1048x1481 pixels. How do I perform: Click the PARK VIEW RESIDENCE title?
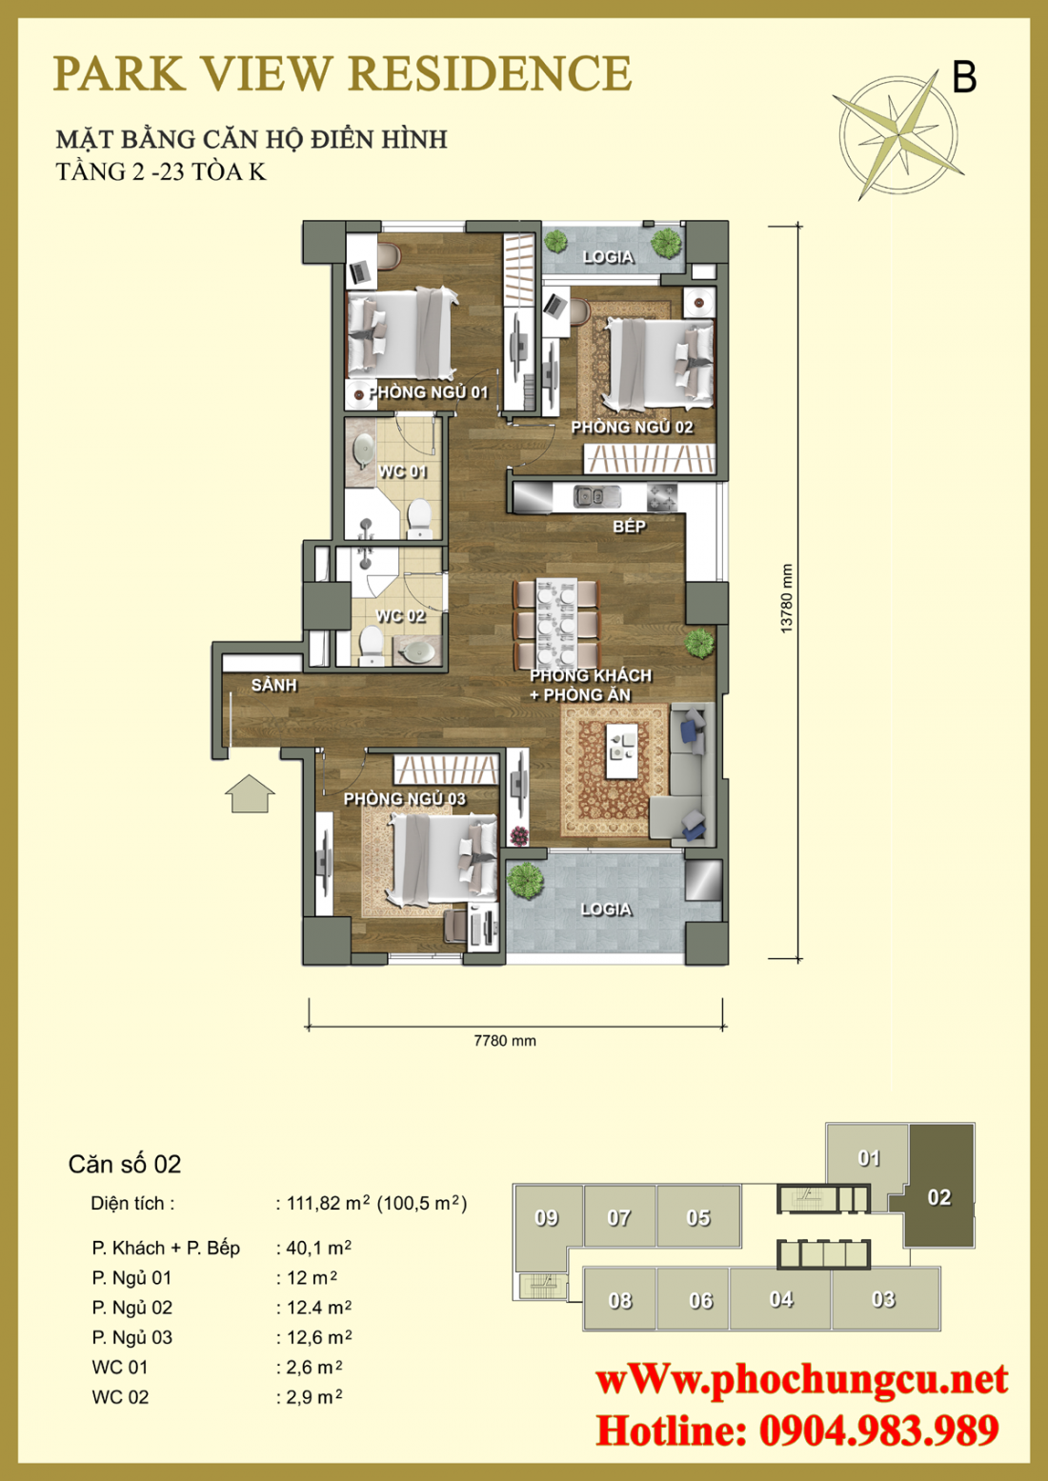[x=342, y=74]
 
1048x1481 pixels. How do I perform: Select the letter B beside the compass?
[x=964, y=77]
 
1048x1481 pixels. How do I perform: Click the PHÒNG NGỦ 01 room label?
[x=428, y=392]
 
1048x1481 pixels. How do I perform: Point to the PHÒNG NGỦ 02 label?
[x=632, y=428]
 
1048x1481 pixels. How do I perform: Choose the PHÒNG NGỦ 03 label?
[x=404, y=799]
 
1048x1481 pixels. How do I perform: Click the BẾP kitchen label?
[x=629, y=527]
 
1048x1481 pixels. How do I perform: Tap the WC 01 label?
[x=402, y=471]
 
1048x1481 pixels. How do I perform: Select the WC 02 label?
[x=400, y=616]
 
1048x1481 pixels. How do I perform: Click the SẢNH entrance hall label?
[x=273, y=686]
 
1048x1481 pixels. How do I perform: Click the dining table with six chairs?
[x=556, y=624]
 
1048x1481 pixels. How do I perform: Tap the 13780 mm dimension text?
[x=786, y=598]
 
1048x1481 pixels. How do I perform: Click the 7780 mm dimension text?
[x=505, y=1041]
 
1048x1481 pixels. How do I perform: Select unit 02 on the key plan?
[x=938, y=1197]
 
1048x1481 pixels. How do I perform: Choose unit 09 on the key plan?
[x=546, y=1218]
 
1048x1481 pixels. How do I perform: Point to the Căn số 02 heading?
[x=125, y=1164]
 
